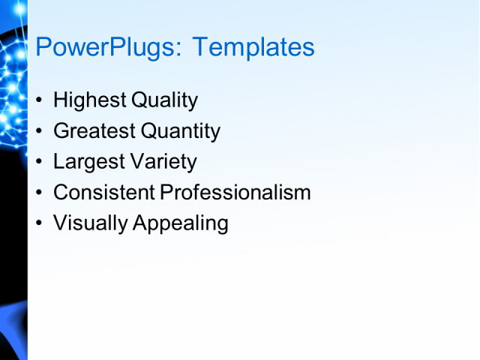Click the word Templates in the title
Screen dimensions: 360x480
pos(253,48)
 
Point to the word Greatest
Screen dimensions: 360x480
pos(94,131)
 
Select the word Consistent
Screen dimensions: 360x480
pos(104,193)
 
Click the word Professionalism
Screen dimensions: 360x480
pos(235,193)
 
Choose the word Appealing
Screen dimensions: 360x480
pos(180,223)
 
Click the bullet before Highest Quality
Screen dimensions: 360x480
pos(40,100)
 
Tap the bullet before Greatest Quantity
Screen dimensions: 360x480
pos(40,131)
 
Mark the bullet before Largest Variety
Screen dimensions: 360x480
pos(40,162)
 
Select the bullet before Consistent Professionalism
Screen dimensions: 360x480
pos(40,193)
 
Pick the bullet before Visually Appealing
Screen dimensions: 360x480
pos(40,223)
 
